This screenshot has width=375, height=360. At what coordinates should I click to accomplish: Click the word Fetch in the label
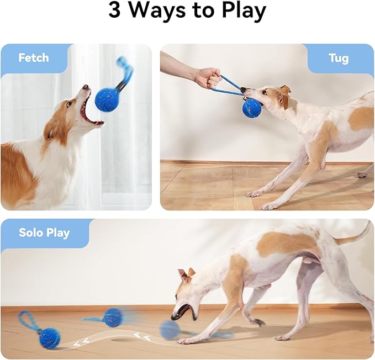tap(33, 58)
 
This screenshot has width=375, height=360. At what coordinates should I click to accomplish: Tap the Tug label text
tap(338, 58)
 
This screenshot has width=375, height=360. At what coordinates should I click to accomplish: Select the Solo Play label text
tap(44, 232)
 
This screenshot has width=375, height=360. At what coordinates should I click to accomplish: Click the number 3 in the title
tap(114, 11)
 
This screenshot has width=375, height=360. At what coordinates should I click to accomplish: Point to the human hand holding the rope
tap(208, 78)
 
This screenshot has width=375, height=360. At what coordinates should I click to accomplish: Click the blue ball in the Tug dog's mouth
tap(252, 107)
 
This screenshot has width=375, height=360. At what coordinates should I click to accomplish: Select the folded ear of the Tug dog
tap(285, 89)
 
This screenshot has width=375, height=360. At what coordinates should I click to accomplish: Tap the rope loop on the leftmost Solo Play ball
tap(26, 321)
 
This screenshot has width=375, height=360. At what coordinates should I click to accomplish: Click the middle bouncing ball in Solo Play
tap(113, 317)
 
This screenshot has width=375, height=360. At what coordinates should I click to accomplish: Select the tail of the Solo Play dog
tap(353, 236)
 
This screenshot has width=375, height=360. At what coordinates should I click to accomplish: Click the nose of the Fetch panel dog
tap(86, 87)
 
